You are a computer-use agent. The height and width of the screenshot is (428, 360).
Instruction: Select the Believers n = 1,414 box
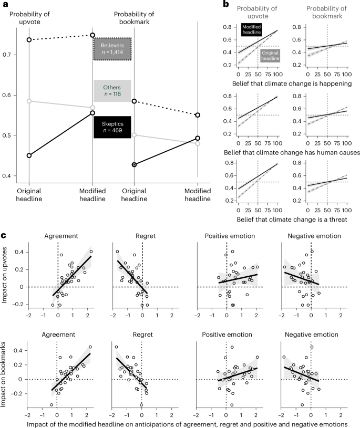[112, 49]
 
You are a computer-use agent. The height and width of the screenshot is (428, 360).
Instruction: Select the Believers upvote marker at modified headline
[92, 35]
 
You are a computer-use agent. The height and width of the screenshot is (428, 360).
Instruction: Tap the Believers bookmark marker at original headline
[134, 101]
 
